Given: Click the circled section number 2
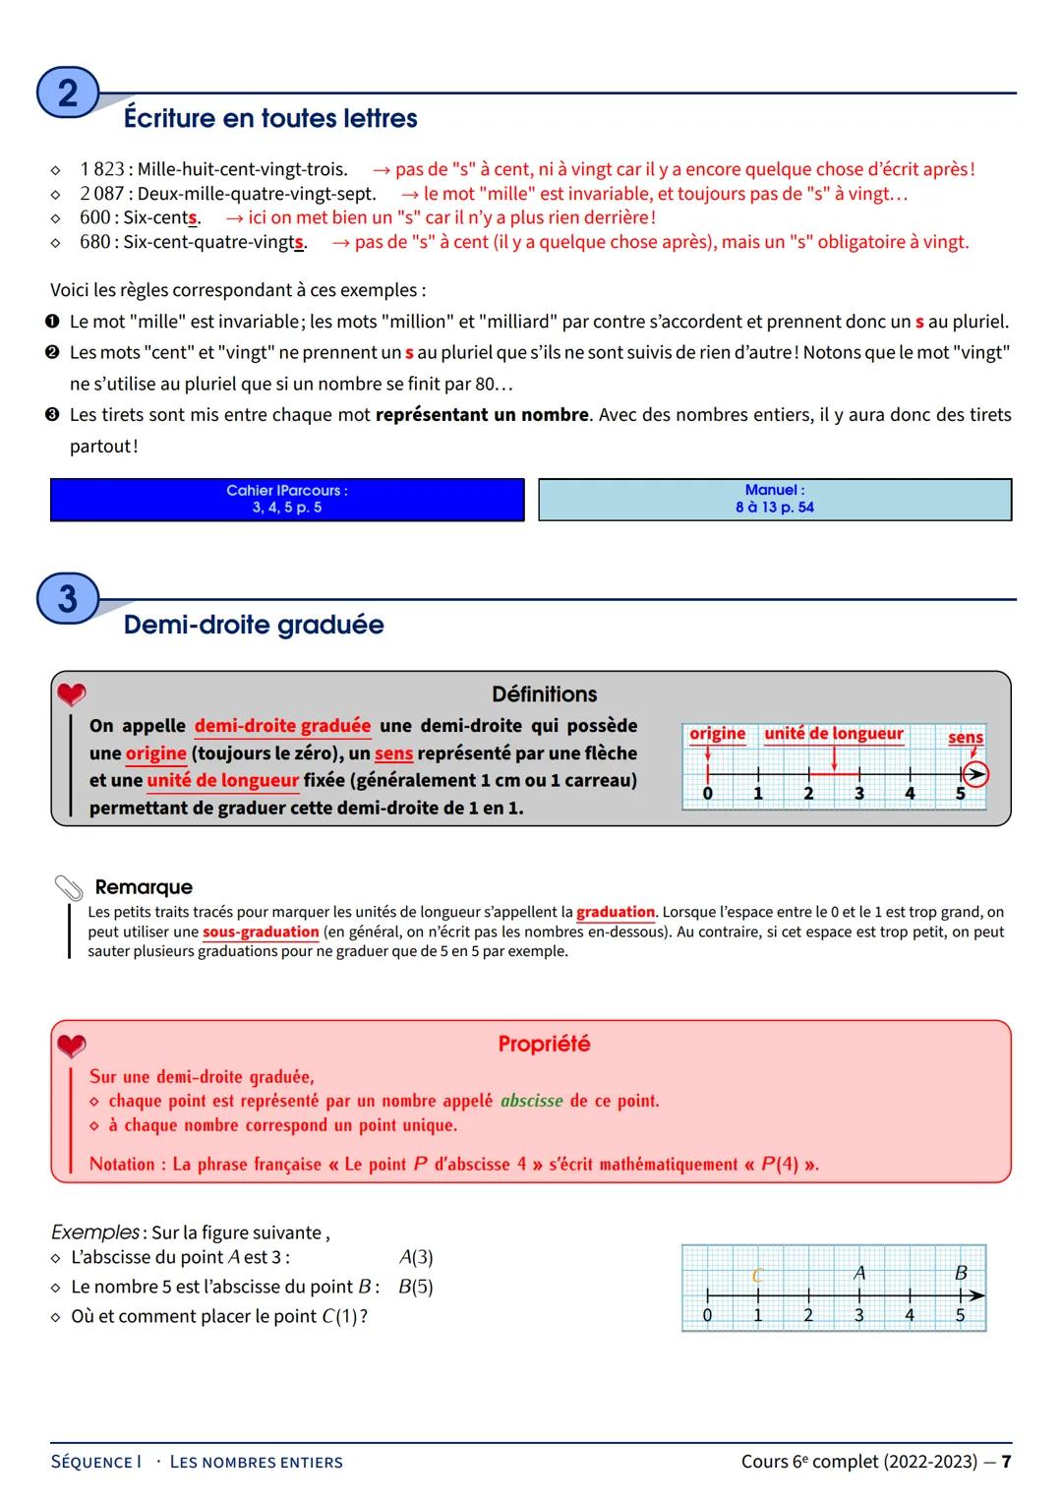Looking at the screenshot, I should pos(67,93).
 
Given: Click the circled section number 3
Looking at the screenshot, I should pos(67,599).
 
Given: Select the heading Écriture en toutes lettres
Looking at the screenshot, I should pos(270,119).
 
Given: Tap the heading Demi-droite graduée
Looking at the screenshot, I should pos(254,625).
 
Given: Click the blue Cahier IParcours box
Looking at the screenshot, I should pos(287,499).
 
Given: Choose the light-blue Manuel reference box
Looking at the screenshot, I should pos(775,499).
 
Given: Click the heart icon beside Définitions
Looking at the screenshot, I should pos(71,694).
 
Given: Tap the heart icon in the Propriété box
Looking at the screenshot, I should pos(71,1045).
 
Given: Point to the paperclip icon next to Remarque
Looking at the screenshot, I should pos(69,887).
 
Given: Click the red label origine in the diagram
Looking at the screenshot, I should pos(717,734).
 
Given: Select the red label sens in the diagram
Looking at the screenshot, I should pos(965,737).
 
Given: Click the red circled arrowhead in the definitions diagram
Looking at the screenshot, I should pos(973,775).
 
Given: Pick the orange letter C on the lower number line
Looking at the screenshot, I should pos(757,1276).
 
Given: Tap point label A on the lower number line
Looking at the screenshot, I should pos(859,1273).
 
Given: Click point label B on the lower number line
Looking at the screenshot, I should pos(961,1273).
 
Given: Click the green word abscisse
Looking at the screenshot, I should pos(531,1101).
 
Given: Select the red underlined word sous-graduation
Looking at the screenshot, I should pos(261,932).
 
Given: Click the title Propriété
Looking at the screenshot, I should pos(544,1044).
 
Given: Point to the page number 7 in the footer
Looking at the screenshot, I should pos(1006,1462).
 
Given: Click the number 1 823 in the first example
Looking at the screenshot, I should pos(102,169).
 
